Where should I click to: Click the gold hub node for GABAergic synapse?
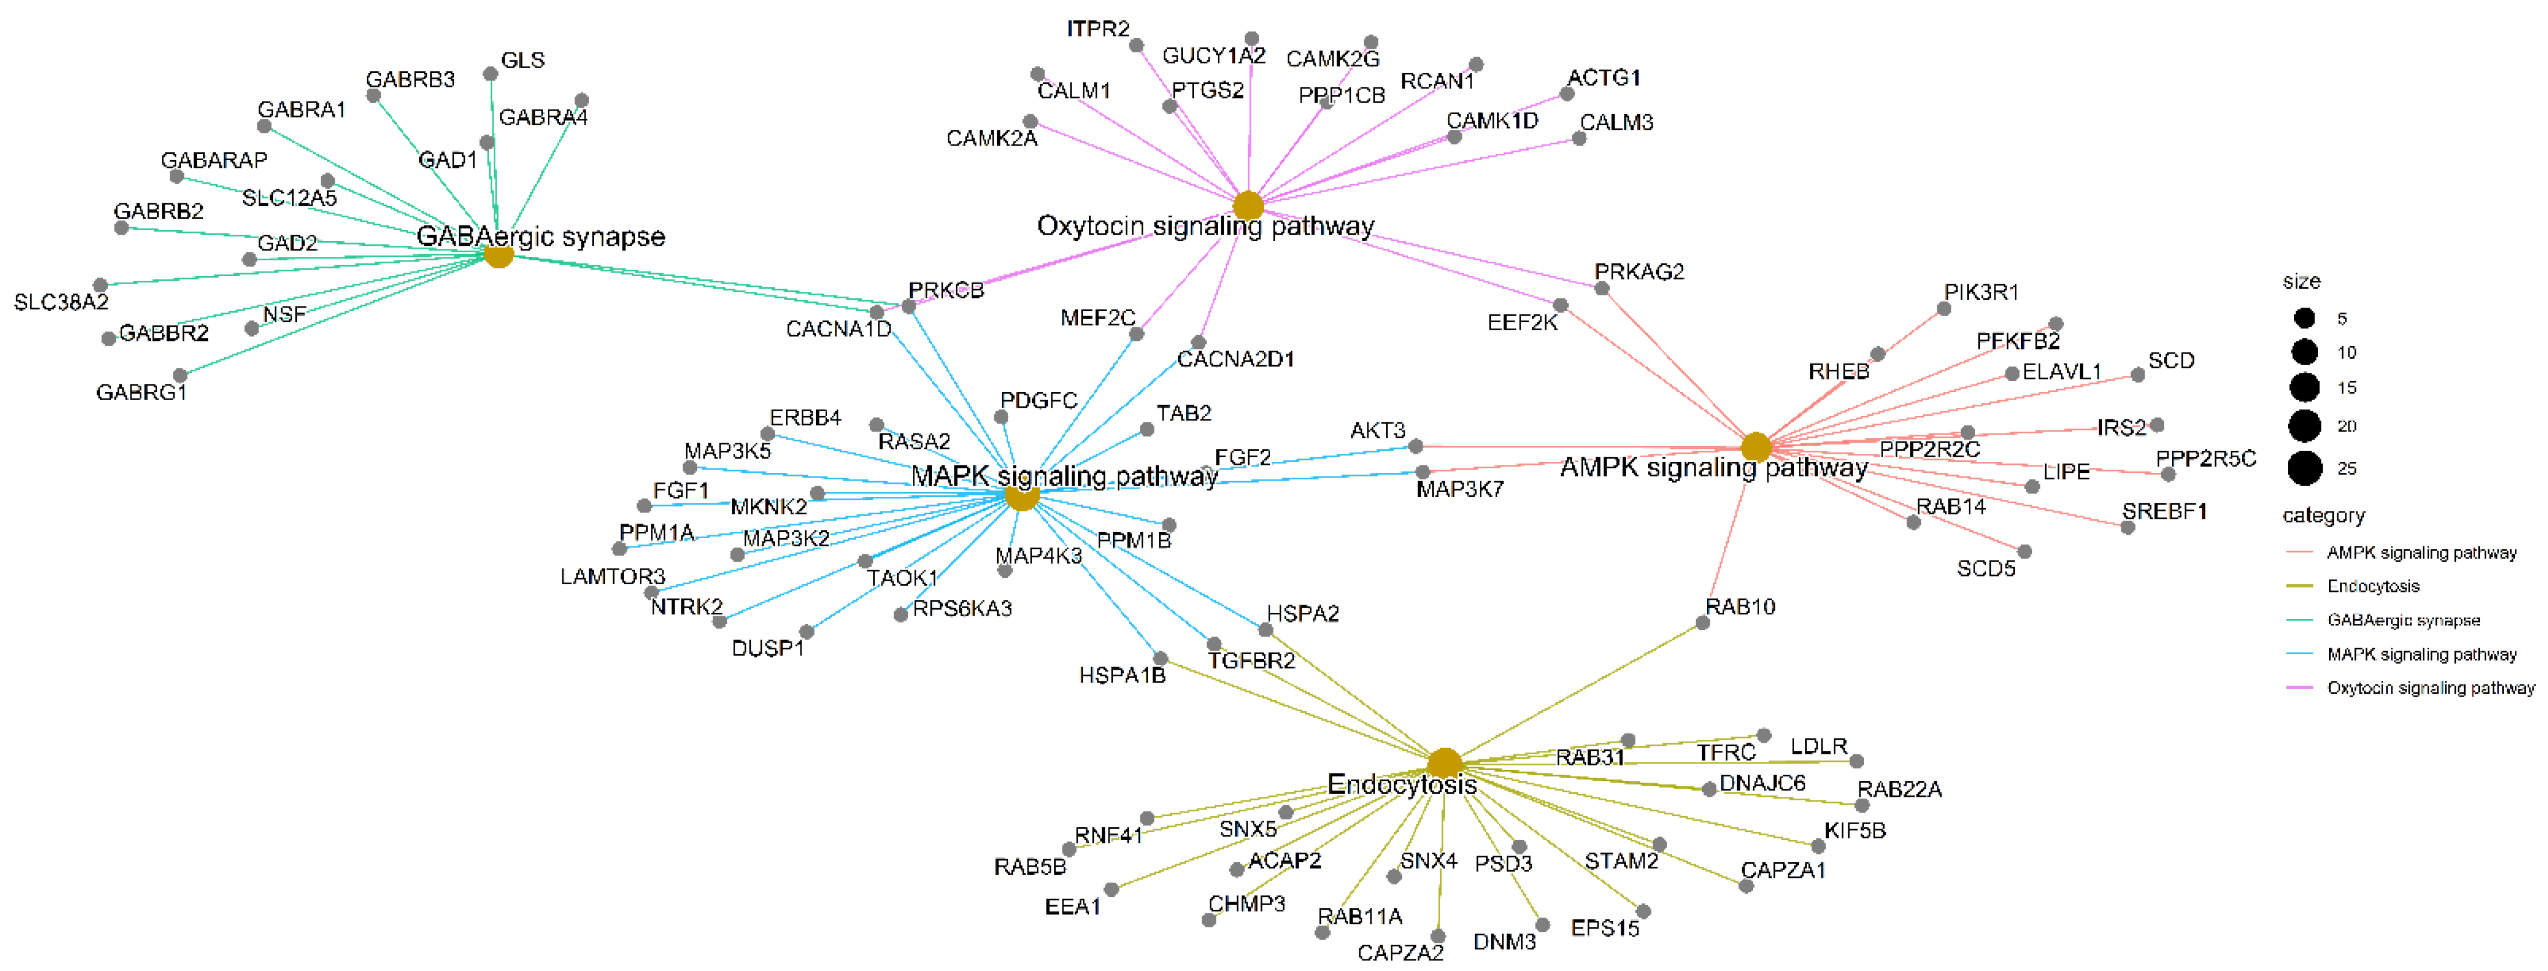pos(498,255)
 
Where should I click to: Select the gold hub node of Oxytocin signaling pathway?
pos(1248,206)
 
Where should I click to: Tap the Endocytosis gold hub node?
pos(1445,763)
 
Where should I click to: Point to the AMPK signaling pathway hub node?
pos(1756,446)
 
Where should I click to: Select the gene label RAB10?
pos(1740,607)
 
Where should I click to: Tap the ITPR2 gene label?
pos(1098,29)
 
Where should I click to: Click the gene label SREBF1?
pos(2164,512)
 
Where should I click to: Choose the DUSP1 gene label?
pos(768,648)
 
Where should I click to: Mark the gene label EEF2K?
pos(1522,323)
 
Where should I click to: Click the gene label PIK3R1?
pos(1981,292)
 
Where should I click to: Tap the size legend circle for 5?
pos(2305,317)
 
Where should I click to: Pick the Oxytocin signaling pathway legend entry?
pos(2430,688)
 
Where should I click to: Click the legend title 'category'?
pos(2323,515)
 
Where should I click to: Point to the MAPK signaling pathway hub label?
pos(1064,476)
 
